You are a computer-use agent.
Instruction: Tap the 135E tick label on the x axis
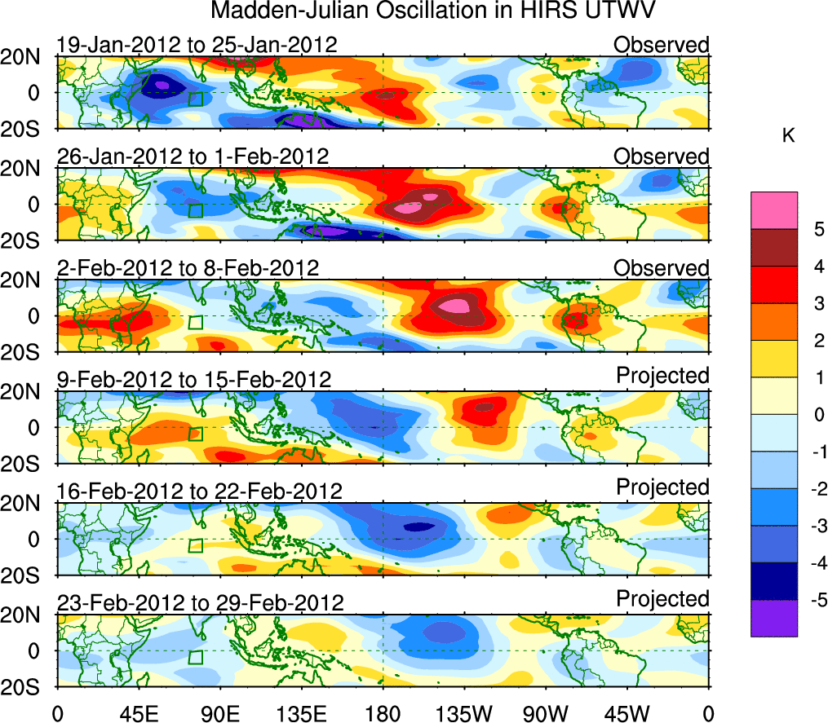[x=300, y=713]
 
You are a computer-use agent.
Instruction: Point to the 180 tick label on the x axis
[x=383, y=713]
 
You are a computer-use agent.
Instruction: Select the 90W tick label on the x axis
[x=546, y=713]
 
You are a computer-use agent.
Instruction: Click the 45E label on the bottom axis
[x=138, y=713]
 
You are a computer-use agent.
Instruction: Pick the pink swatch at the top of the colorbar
[x=773, y=210]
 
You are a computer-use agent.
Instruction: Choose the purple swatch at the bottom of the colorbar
[x=773, y=618]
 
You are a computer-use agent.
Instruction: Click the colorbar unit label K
[x=788, y=136]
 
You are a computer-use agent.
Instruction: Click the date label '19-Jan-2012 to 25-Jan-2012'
[x=197, y=44]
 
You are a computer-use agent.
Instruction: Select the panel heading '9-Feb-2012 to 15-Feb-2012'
[x=194, y=379]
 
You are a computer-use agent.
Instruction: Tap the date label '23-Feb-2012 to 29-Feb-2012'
[x=200, y=603]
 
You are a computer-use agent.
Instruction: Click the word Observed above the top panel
[x=662, y=44]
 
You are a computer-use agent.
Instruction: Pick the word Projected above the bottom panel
[x=662, y=599]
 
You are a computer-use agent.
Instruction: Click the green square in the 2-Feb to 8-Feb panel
[x=195, y=322]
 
